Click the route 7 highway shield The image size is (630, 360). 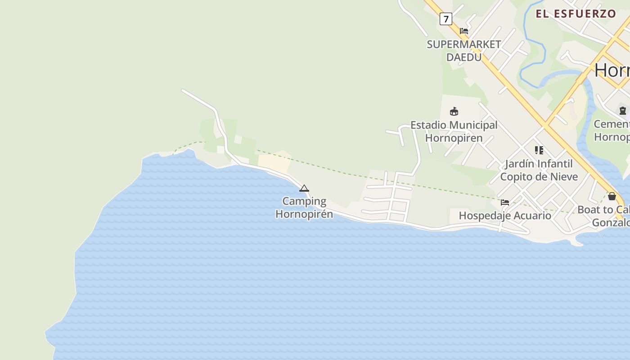coord(445,19)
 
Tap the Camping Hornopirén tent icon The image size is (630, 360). coord(304,188)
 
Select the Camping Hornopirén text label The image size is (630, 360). coord(304,207)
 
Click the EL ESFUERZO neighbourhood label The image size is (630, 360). coord(576,14)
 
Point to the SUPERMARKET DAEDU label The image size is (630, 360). coord(464,50)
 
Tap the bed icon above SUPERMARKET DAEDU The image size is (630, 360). coord(464,31)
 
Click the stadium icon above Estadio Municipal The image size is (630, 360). coord(454,112)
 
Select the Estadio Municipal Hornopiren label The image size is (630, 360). coord(454,131)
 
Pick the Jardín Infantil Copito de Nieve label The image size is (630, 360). coord(539,170)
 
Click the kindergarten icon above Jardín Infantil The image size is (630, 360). coord(539,150)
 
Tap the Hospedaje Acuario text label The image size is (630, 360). coord(505,216)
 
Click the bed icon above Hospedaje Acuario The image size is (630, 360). coord(505,202)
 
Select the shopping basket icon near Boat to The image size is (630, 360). coord(612,196)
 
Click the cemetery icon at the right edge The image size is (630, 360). coord(623,110)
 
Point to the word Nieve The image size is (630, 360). coord(562,176)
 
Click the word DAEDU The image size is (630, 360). coord(464,57)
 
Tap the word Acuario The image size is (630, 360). coord(532,216)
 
